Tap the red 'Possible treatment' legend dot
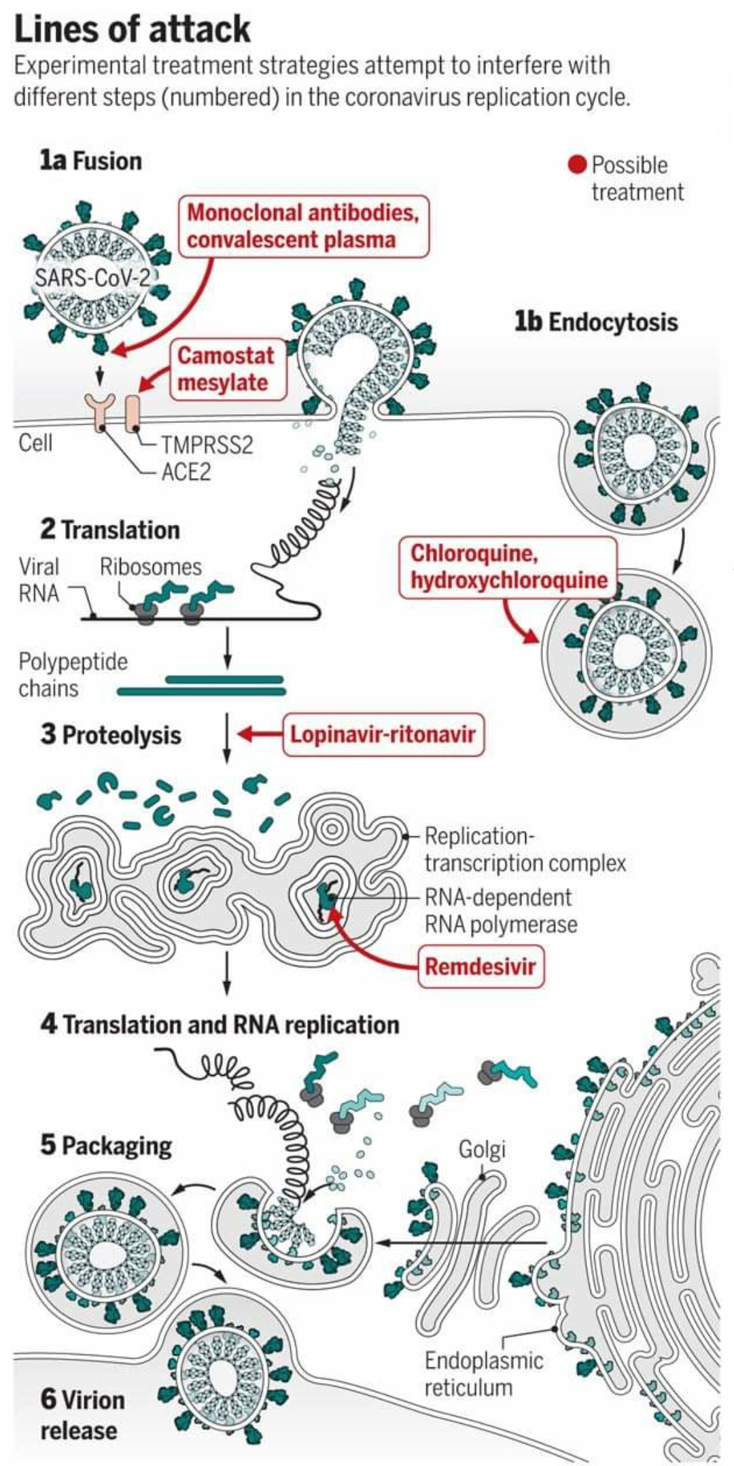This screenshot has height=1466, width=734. (x=577, y=165)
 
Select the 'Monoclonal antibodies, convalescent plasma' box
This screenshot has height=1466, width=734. (x=304, y=226)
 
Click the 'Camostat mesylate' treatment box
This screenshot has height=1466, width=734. (x=226, y=369)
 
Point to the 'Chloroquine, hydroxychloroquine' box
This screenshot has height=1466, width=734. (x=508, y=567)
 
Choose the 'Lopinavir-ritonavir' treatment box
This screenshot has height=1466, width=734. (x=383, y=734)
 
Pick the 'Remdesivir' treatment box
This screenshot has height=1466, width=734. (x=480, y=966)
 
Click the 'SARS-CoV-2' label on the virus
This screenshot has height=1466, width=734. (x=91, y=277)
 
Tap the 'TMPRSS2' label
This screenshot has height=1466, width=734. (x=207, y=445)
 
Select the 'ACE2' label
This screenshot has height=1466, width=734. (x=186, y=472)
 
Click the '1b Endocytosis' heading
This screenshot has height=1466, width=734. (x=595, y=322)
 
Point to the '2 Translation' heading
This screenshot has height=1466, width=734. (x=110, y=530)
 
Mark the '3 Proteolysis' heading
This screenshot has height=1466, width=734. (x=111, y=735)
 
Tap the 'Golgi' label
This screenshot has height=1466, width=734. (x=482, y=1149)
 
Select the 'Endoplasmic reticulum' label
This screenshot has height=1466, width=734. (x=484, y=1374)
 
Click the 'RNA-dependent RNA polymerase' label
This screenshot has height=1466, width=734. (x=501, y=911)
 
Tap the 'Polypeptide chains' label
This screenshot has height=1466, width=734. (x=73, y=675)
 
